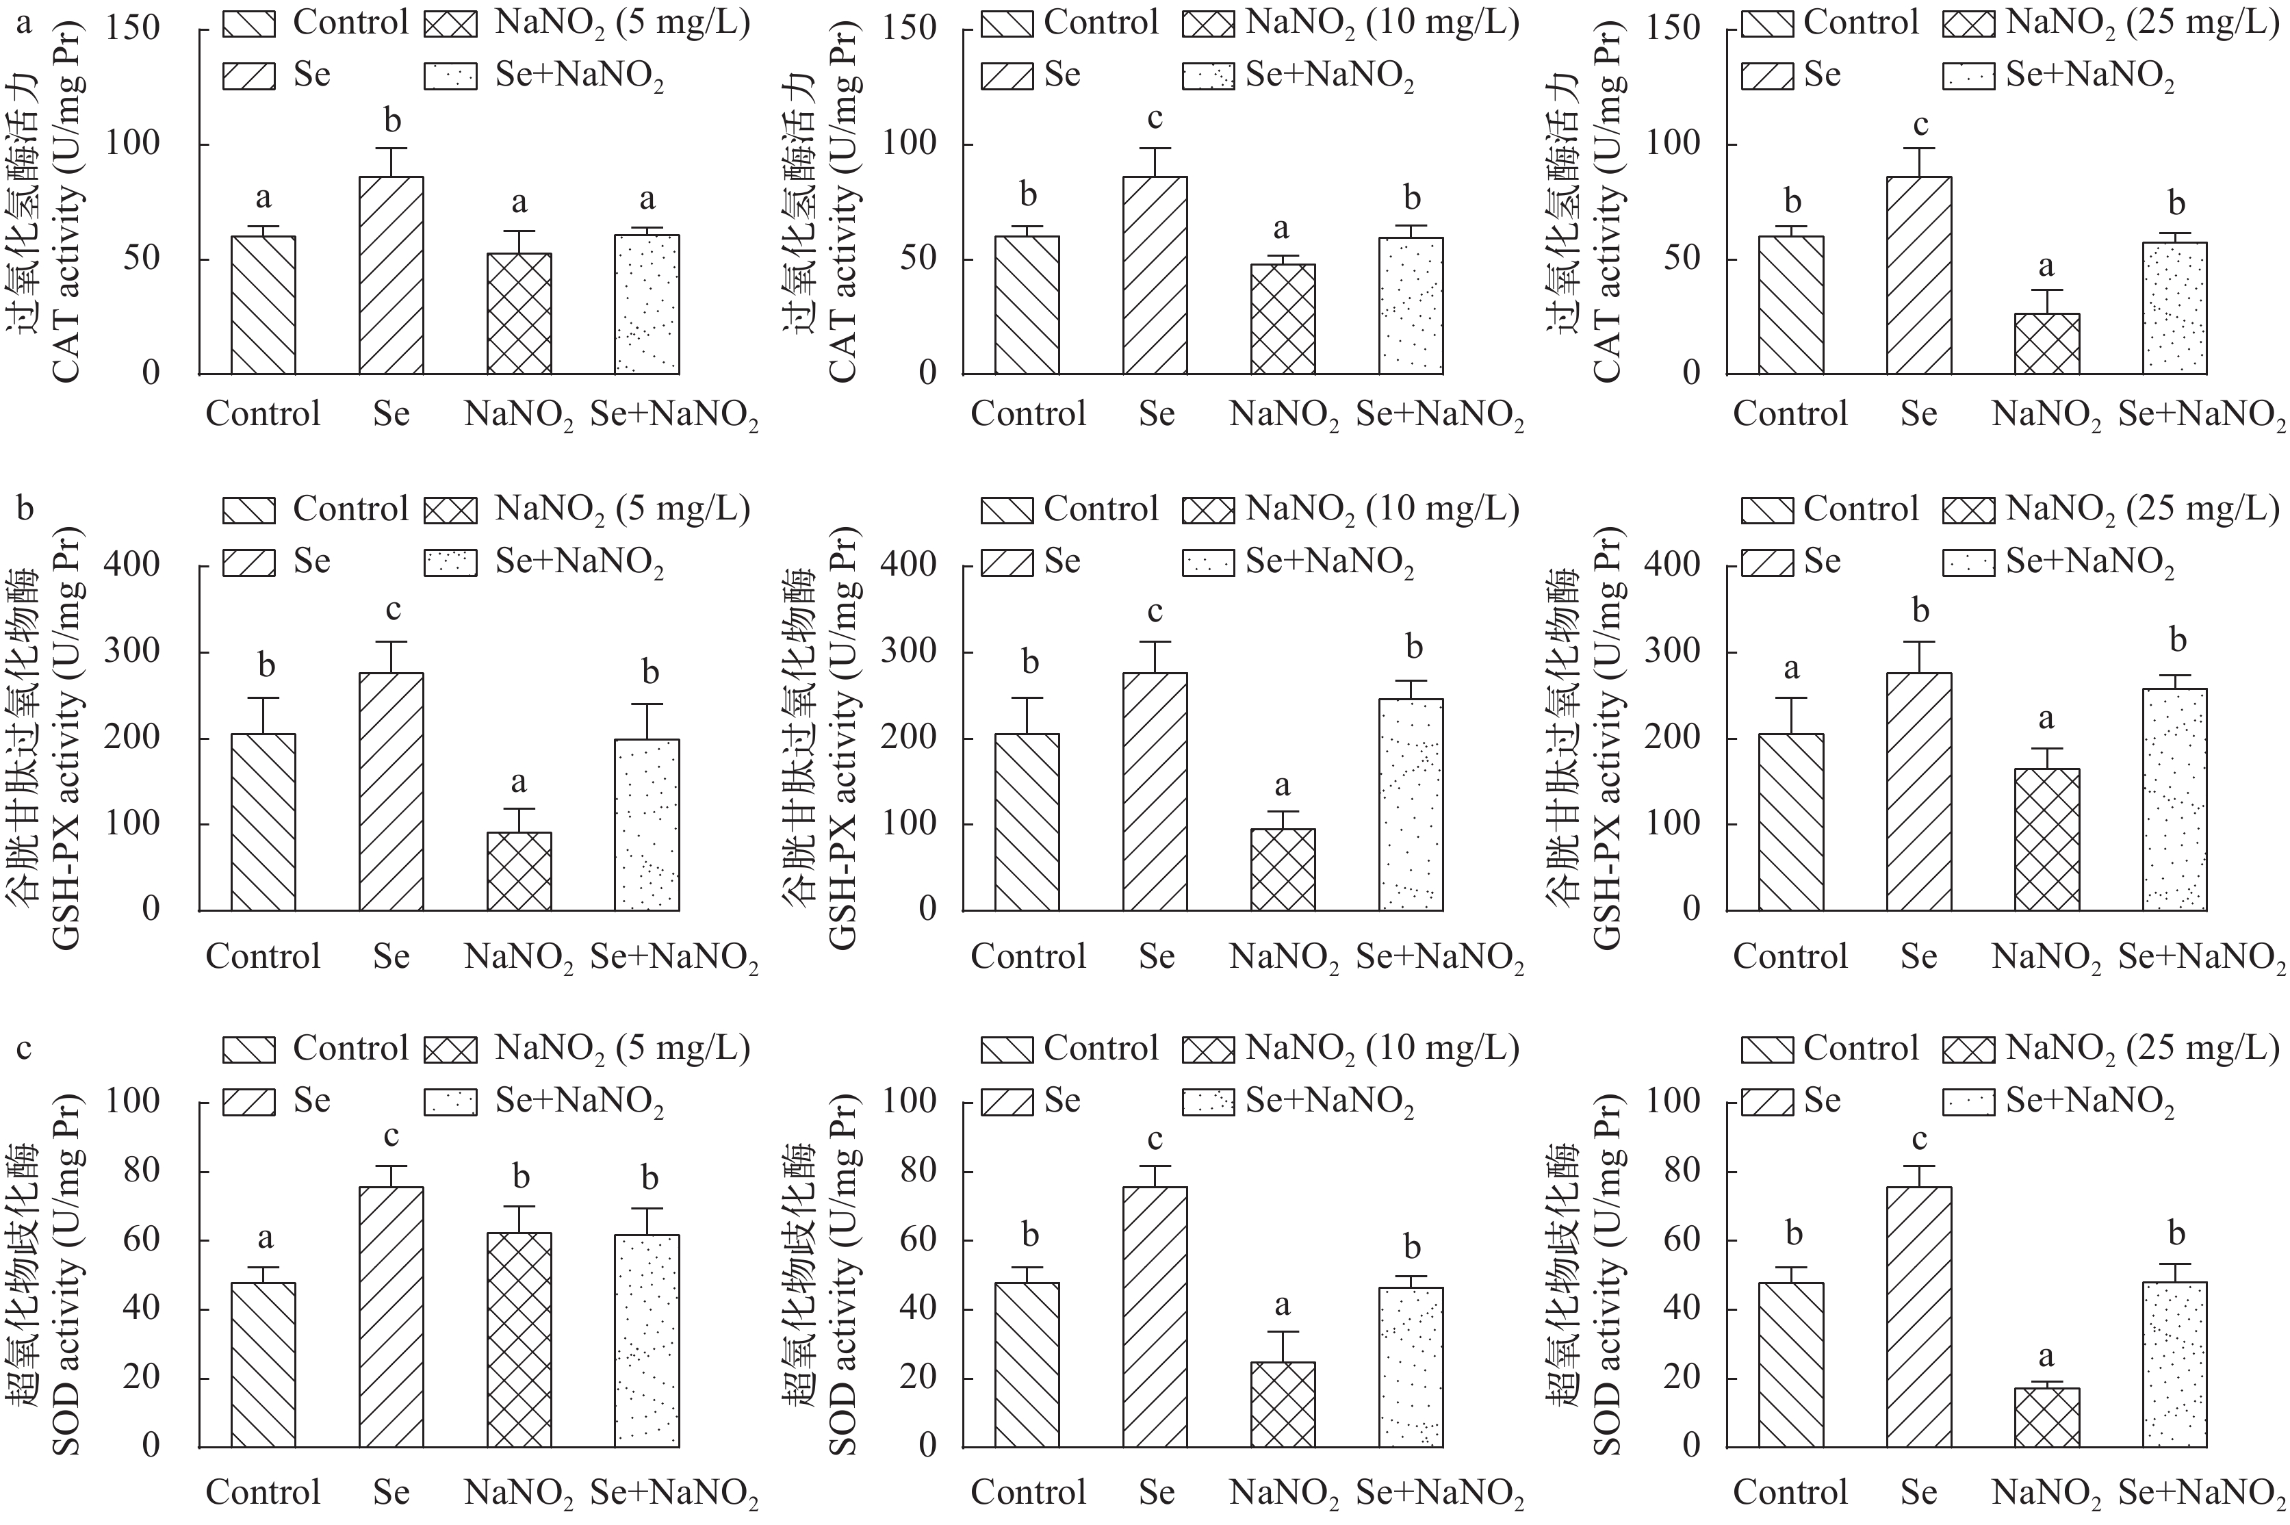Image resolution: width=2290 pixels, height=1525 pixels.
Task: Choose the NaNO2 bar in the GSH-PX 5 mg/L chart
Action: (519, 871)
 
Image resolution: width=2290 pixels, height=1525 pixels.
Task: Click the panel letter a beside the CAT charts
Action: (25, 21)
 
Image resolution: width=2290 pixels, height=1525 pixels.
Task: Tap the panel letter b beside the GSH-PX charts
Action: (25, 508)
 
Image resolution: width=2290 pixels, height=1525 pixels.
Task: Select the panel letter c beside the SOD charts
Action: (25, 1049)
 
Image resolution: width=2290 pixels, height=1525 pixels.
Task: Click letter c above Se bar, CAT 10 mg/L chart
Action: (1155, 118)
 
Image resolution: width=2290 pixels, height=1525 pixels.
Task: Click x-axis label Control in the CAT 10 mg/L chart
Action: (1028, 414)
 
